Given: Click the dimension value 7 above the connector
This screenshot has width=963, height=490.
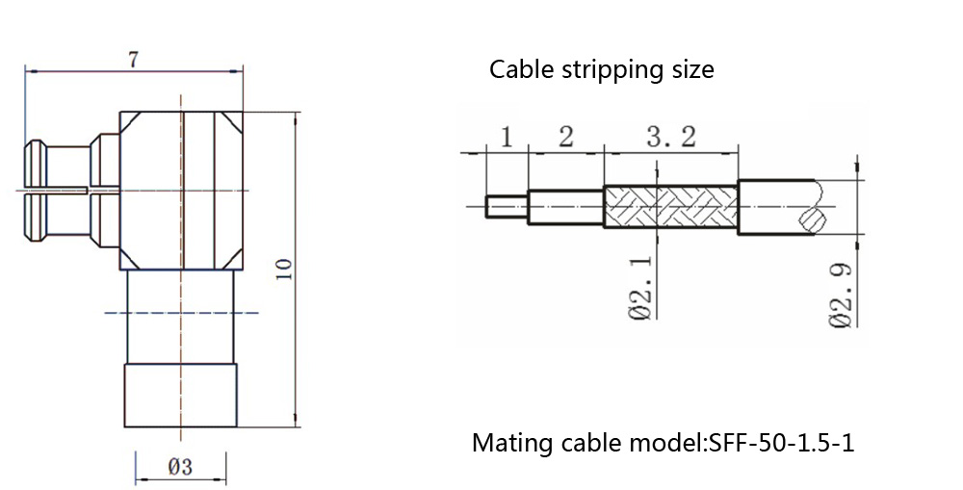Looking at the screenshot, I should [133, 59].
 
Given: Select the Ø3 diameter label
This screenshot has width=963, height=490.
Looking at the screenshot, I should [180, 468].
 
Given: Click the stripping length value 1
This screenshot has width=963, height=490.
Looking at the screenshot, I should [507, 137].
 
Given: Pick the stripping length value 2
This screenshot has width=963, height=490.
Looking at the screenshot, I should [565, 137].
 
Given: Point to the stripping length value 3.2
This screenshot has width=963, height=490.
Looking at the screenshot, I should [670, 137].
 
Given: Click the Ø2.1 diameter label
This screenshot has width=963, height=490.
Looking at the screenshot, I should [642, 289].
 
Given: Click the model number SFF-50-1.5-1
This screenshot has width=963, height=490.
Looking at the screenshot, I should [781, 444].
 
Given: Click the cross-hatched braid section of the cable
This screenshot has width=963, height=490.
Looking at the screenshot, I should [670, 206].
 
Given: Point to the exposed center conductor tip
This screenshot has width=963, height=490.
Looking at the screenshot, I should [507, 206].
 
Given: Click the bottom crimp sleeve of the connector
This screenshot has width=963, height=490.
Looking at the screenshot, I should [180, 395].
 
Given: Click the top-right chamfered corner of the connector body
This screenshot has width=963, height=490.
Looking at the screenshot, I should [231, 123].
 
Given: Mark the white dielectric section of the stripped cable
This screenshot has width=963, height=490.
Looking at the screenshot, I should [565, 206].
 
